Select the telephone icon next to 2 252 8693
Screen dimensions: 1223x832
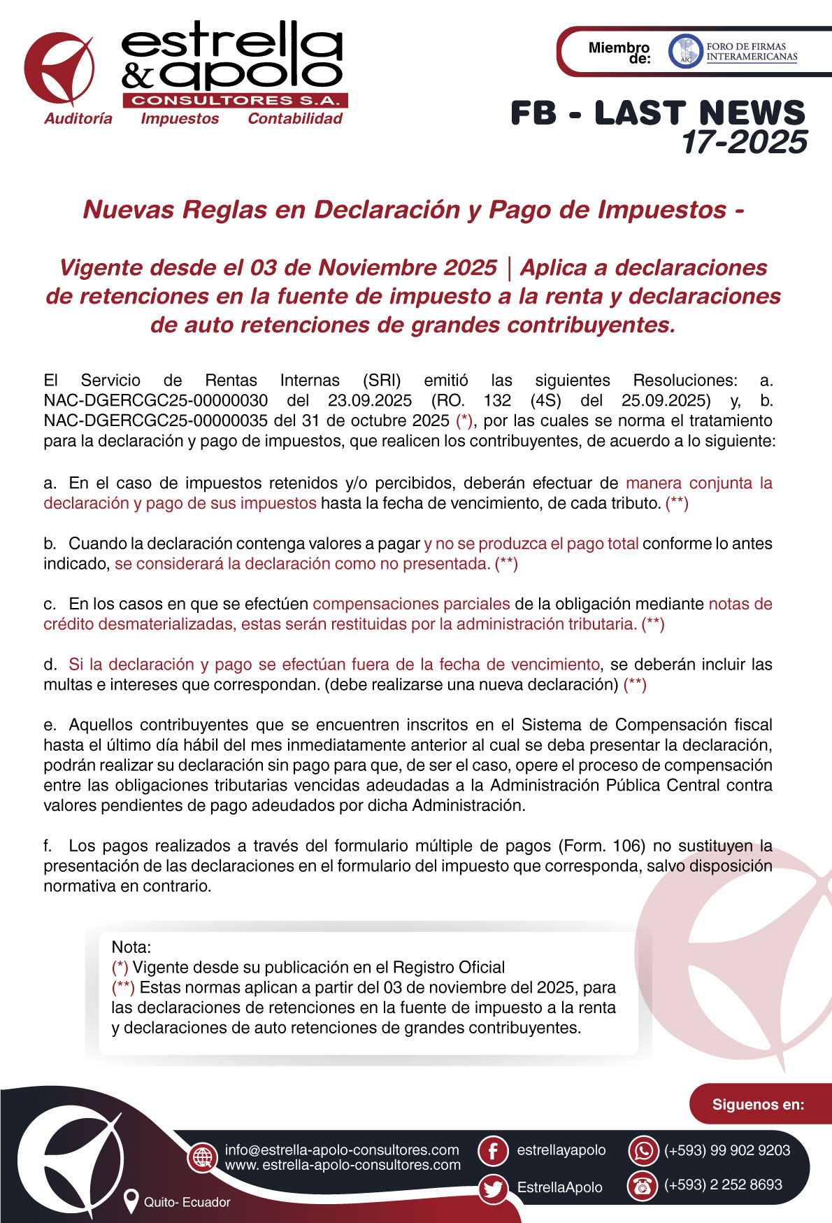[x=643, y=1186]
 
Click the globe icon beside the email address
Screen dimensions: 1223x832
[x=203, y=1157]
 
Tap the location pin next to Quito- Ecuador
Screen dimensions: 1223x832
[x=131, y=1201]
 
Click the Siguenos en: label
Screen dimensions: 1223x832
[x=758, y=1105]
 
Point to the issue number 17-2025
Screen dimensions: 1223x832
[x=745, y=142]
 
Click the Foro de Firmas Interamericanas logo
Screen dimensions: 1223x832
[x=733, y=52]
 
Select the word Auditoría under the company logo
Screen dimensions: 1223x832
[x=78, y=119]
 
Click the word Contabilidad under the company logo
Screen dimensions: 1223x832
[x=295, y=119]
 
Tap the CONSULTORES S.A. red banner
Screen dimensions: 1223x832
[x=236, y=100]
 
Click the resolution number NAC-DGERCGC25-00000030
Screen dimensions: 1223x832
[x=155, y=401]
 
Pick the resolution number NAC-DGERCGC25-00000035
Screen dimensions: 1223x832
[x=155, y=421]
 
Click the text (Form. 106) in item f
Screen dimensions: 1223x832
[x=601, y=846]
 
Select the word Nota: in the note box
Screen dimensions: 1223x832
[x=131, y=947]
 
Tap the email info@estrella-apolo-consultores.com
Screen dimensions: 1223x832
[x=342, y=1150]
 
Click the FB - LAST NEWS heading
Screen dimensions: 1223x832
[x=657, y=113]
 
